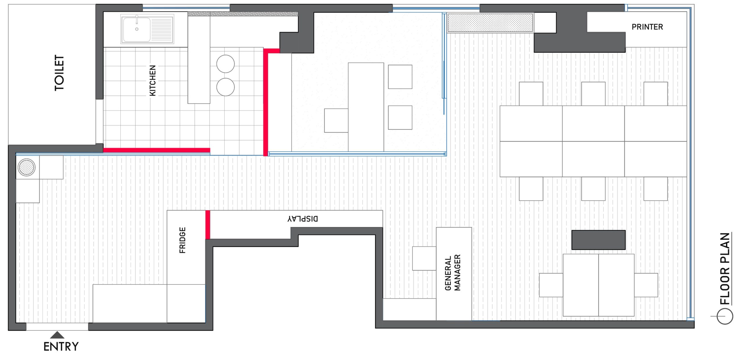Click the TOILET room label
click(x=59, y=73)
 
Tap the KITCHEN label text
click(x=153, y=80)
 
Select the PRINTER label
click(x=647, y=27)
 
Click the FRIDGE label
click(x=183, y=240)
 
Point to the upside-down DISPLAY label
click(x=303, y=219)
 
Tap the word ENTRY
click(x=61, y=347)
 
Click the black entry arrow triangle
click(x=57, y=335)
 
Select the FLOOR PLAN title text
click(x=725, y=269)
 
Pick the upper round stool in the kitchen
click(x=226, y=64)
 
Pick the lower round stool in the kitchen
click(x=226, y=87)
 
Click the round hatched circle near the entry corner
click(x=26, y=167)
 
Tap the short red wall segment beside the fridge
click(x=208, y=225)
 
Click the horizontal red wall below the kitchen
click(x=157, y=150)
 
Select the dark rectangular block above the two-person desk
click(x=598, y=240)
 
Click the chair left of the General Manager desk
click(x=424, y=258)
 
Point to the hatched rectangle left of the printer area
click(x=490, y=23)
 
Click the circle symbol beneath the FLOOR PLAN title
click(x=725, y=316)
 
